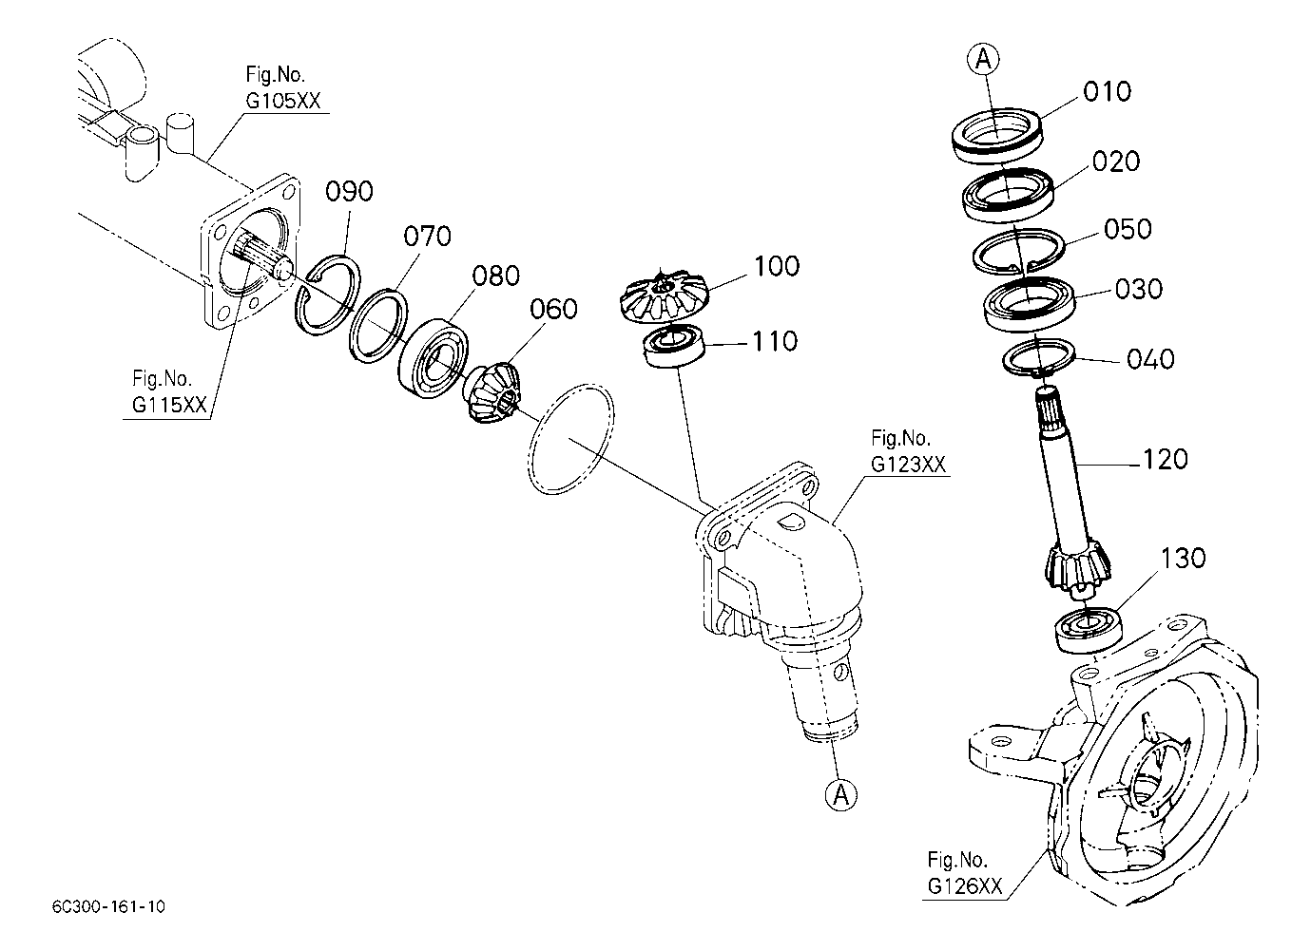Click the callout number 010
[1107, 92]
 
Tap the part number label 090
[349, 191]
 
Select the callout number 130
[1183, 559]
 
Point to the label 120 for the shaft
[1166, 460]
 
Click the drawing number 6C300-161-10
[109, 907]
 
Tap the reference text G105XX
[283, 102]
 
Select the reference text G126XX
[965, 886]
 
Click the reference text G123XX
[908, 465]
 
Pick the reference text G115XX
[169, 405]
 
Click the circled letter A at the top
[983, 59]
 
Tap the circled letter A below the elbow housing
[841, 795]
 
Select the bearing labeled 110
[674, 347]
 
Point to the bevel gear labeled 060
[492, 390]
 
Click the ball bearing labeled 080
[434, 358]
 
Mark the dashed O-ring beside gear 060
[571, 439]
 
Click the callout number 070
[427, 237]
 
